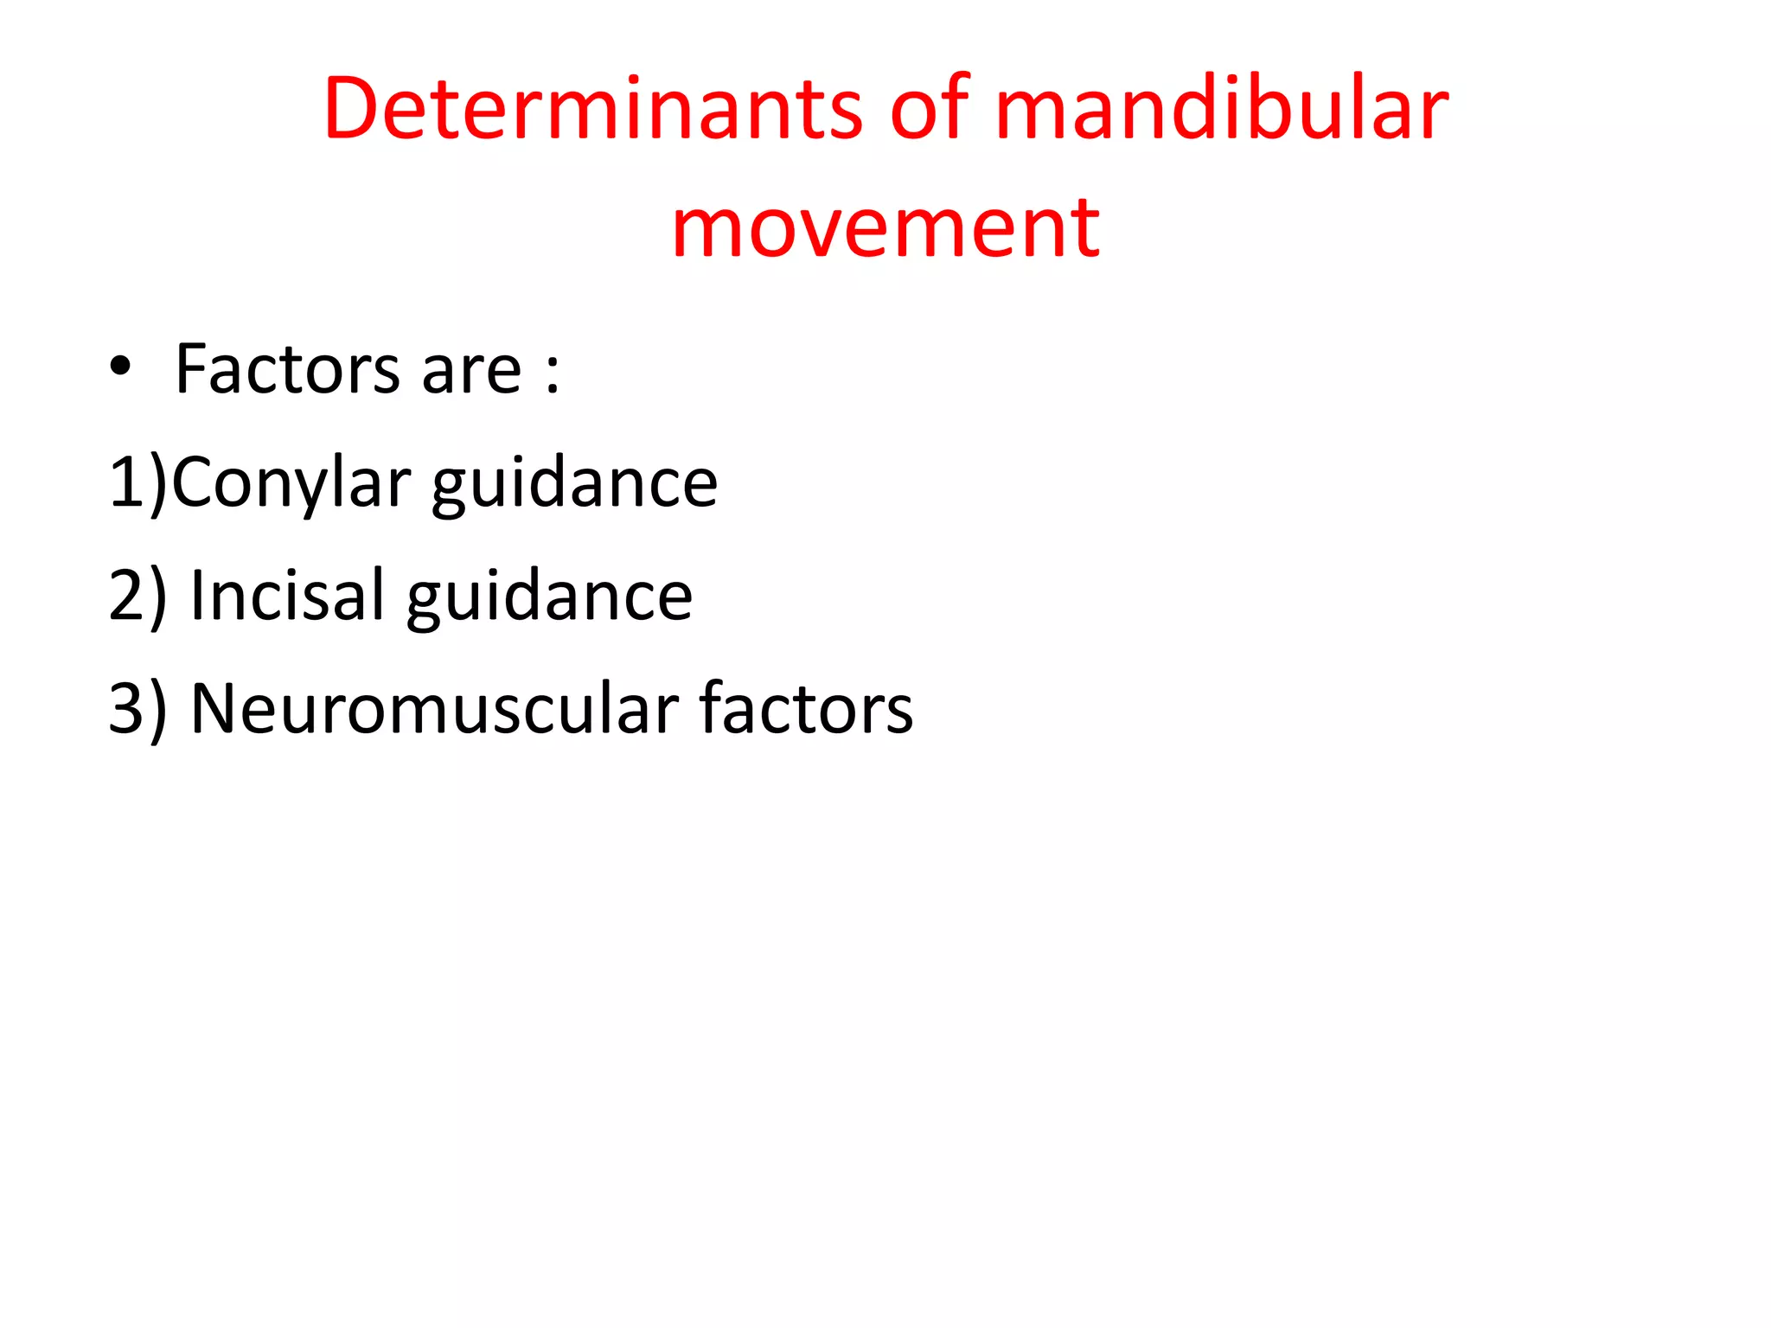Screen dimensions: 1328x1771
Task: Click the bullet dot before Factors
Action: (120, 368)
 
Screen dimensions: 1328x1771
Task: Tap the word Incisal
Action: (286, 596)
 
